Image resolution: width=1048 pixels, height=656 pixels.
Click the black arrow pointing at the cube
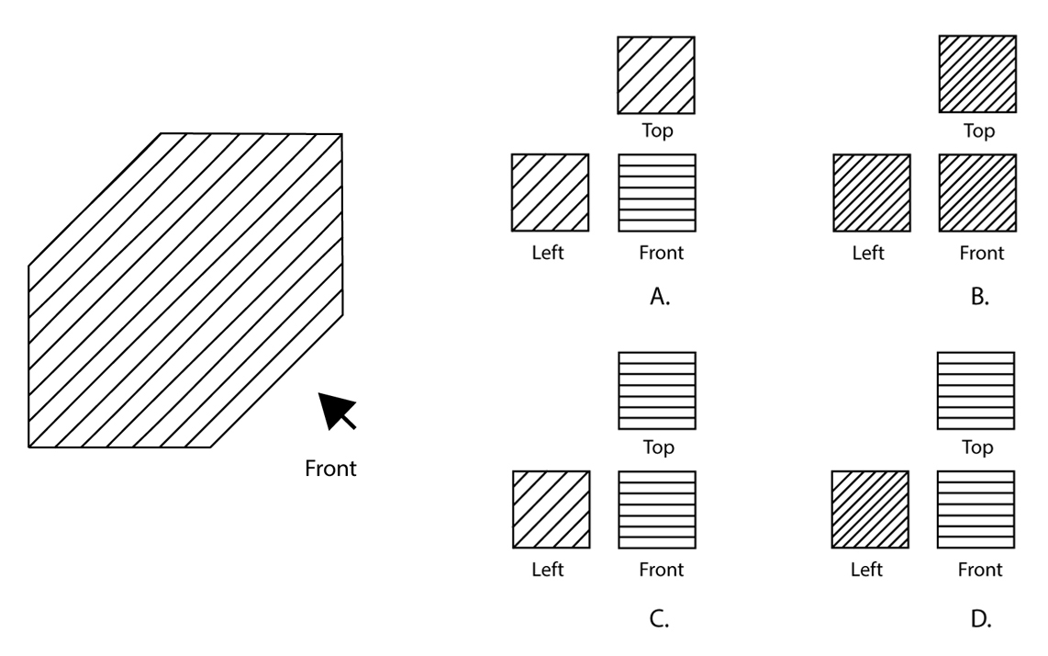pos(337,411)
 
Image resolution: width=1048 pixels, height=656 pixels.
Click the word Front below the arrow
pos(330,469)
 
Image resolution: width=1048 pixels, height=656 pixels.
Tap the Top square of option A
pos(655,75)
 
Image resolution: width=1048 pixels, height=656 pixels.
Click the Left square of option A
pos(549,193)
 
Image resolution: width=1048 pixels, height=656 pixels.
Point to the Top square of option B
pos(976,75)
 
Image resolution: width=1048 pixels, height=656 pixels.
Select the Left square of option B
pos(870,193)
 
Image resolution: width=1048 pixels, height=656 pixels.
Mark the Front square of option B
pos(976,193)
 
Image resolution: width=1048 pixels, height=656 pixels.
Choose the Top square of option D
pos(976,391)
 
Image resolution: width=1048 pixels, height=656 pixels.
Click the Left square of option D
pos(870,509)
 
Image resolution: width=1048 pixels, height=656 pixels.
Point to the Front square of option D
pos(976,509)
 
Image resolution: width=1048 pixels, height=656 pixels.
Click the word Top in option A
pos(657,130)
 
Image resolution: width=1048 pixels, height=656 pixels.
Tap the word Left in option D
pos(868,569)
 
